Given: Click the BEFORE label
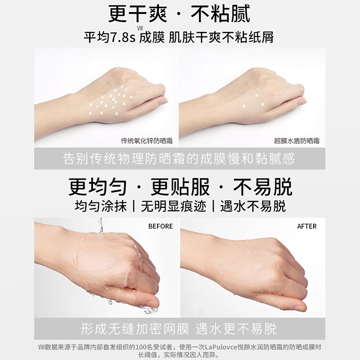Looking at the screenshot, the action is pos(161,226).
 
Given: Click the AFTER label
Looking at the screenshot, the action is pos(307,226).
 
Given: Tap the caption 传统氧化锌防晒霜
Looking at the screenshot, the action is pos(147,141).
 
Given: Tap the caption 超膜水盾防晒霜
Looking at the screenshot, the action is pos(297,141).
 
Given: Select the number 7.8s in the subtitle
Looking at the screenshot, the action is pos(122,37).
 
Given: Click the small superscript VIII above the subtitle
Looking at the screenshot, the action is pos(140,28).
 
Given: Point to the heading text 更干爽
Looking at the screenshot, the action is pos(138,14).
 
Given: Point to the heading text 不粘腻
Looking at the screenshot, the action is pos(220,14).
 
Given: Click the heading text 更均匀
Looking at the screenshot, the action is pos(98,187).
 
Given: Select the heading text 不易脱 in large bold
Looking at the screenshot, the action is pos(263,187).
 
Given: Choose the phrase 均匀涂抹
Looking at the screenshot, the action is pos(100,206).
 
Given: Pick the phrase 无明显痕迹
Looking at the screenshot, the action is pos(173,206).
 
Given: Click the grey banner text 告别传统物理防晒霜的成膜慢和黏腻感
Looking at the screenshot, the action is pos(179,159).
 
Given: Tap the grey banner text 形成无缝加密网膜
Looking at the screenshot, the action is pos(135,329).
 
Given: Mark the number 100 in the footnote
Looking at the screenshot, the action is pos(140,347).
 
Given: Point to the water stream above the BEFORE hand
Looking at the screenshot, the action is pos(100,226).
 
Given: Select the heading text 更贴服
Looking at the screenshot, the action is pos(180,187).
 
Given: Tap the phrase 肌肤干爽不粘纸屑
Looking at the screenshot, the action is pos(221,37).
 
